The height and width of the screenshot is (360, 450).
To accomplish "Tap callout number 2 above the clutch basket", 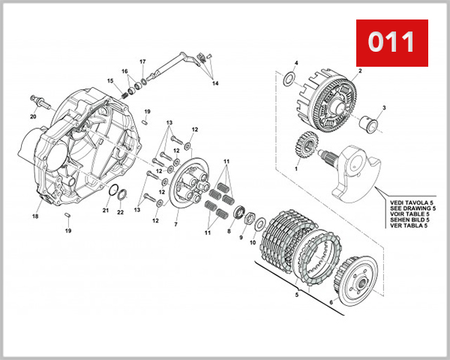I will pos(360,70).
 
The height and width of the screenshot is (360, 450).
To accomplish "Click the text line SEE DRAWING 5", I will pos(409,208).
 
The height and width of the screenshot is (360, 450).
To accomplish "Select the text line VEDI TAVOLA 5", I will pos(409,202).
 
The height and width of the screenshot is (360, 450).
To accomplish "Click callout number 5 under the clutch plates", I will pos(297,295).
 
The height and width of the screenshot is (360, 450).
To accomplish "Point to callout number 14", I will pos(215,83).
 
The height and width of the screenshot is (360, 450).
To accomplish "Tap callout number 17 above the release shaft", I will pos(142,61).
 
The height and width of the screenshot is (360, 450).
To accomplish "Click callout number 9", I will pos(241,238).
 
